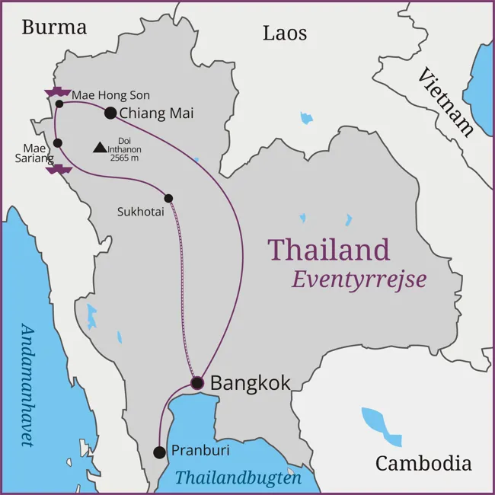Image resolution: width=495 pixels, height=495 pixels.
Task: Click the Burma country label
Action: [x=54, y=27]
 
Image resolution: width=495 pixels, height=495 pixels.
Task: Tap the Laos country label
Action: [x=285, y=33]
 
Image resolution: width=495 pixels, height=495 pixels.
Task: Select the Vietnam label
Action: [x=445, y=100]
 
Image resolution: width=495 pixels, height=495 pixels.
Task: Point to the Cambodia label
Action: [x=423, y=463]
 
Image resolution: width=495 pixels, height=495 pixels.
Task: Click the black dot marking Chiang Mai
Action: [x=110, y=113]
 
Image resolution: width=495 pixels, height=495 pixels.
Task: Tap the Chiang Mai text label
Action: [x=157, y=113]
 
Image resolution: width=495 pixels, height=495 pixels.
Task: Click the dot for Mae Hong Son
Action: [x=59, y=104]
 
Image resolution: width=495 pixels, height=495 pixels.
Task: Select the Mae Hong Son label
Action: [x=110, y=95]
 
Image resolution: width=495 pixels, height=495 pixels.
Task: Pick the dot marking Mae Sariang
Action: [x=58, y=142]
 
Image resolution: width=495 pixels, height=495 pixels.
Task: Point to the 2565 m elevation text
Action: [x=126, y=158]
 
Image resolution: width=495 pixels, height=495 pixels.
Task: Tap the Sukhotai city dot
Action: [x=168, y=198]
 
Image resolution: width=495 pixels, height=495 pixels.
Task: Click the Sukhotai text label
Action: [x=140, y=211]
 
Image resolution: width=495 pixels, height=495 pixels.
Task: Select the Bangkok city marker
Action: [x=197, y=382]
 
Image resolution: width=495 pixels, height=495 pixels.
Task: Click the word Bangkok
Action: [x=250, y=382]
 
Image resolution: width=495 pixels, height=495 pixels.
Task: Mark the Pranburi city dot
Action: [x=159, y=452]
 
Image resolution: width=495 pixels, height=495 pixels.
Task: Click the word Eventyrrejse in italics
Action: [x=359, y=279]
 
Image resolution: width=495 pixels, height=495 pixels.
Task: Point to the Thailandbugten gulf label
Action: [x=238, y=478]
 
